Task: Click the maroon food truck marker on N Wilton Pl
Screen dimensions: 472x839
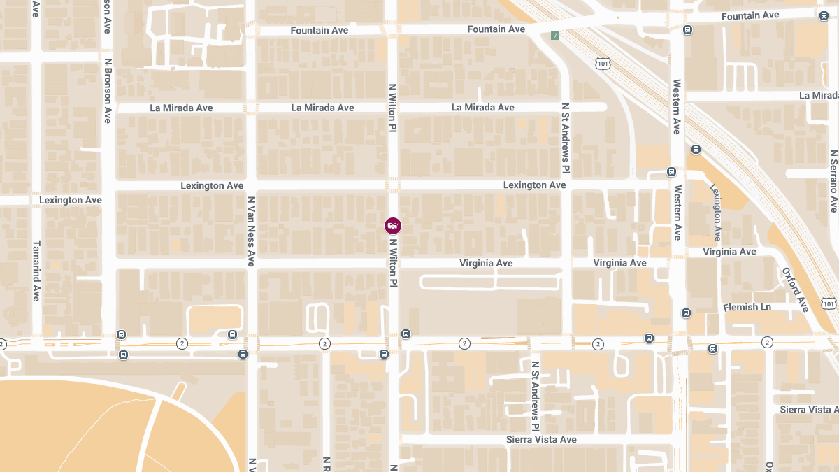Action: point(393,225)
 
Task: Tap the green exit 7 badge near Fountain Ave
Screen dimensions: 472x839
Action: point(555,36)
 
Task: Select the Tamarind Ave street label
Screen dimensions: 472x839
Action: point(36,271)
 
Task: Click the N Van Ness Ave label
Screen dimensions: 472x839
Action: point(251,231)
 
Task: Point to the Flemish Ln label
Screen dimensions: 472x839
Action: point(747,307)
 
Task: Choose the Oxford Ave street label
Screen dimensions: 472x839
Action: point(795,290)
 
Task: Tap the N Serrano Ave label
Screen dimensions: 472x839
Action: point(833,181)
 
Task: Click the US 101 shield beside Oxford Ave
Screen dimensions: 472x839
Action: point(829,303)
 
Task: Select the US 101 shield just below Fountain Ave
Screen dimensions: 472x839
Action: point(603,64)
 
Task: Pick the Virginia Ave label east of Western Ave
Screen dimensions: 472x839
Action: point(729,252)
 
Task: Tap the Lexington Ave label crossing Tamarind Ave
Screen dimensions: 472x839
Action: point(70,200)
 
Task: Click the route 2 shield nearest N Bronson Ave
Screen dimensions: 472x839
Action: point(182,343)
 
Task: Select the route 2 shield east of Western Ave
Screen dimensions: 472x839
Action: point(768,343)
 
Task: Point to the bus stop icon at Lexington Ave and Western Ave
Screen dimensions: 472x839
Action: point(671,172)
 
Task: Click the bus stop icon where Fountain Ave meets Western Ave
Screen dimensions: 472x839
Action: point(688,30)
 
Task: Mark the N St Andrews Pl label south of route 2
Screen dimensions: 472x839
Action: point(535,396)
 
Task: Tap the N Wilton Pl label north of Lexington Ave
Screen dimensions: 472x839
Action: point(392,109)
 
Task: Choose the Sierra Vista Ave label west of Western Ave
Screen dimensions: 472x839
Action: point(541,439)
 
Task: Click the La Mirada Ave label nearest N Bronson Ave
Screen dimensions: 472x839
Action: point(181,108)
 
